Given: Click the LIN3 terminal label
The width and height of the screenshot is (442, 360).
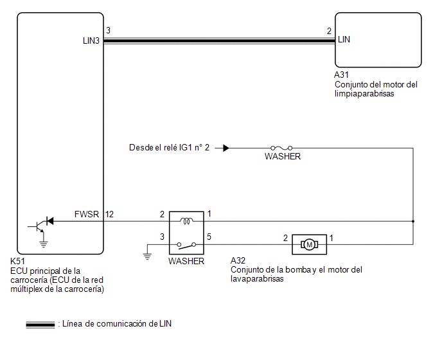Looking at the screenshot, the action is [91, 40].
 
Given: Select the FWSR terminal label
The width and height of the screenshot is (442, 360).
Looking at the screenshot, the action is [87, 214].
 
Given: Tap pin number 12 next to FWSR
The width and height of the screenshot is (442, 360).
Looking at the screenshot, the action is [109, 215].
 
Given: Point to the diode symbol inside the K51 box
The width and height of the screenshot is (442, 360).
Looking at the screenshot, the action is [50, 221].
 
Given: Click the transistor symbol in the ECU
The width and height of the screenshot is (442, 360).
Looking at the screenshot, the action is [37, 226].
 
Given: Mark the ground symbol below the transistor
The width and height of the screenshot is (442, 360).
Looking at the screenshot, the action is [43, 244].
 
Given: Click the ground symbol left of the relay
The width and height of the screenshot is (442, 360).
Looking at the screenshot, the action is [147, 256].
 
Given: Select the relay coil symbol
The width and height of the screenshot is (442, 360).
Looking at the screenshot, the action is [186, 221].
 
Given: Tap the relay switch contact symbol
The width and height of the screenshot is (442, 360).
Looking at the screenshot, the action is [186, 246].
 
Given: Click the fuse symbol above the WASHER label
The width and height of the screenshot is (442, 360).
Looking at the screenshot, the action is [281, 148].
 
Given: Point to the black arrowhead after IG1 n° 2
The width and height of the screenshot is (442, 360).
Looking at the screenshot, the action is [226, 148].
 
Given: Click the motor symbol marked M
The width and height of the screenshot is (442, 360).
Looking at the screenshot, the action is [309, 244].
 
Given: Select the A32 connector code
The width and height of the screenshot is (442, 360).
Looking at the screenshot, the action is [238, 260].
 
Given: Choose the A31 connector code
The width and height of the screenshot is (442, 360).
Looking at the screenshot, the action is [341, 75].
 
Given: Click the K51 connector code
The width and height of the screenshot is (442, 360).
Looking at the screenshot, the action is [17, 261].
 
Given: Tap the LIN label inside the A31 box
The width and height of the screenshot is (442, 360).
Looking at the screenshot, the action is [344, 39].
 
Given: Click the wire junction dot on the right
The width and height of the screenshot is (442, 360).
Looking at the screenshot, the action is [413, 221].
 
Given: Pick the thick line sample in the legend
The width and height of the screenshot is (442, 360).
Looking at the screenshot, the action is [40, 325].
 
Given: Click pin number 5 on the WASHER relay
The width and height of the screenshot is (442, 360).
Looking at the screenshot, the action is [209, 237].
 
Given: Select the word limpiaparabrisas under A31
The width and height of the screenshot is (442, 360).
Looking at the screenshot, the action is [364, 94].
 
